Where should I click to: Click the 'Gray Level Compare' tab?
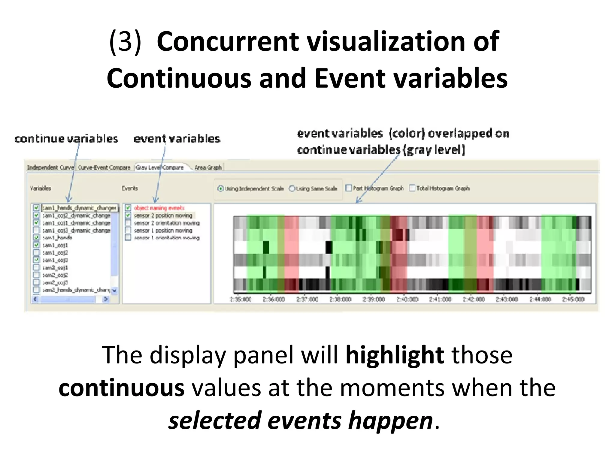click(159, 167)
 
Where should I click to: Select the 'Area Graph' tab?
click(208, 167)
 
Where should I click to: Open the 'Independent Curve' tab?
click(50, 167)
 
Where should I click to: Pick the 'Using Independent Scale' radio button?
click(221, 188)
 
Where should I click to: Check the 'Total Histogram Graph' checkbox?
click(412, 188)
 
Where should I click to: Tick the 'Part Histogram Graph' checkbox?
click(349, 188)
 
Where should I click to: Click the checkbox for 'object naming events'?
click(128, 208)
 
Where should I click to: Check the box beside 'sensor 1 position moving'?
click(128, 230)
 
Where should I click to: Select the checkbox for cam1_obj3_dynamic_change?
click(36, 230)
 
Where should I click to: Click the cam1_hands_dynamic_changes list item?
click(79, 208)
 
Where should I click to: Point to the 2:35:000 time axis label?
click(241, 299)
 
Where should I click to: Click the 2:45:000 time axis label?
click(573, 299)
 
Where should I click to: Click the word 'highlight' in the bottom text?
click(395, 355)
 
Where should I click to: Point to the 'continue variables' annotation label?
click(66, 139)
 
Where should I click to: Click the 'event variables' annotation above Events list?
click(177, 139)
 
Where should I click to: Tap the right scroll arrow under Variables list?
click(105, 299)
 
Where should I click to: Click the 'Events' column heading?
click(130, 188)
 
